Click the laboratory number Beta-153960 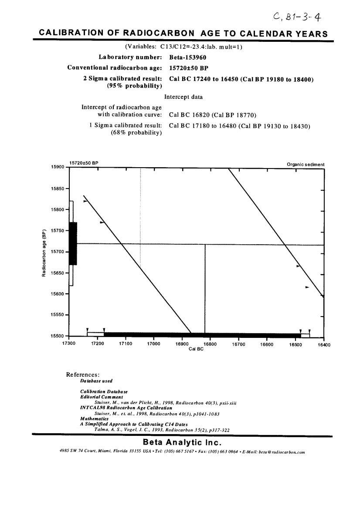tap(187, 57)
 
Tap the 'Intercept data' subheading tap(183, 97)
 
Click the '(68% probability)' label tap(136, 133)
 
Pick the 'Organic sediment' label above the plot tap(306, 165)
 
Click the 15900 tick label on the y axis tap(58, 167)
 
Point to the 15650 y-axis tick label tap(58, 273)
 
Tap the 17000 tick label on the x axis tap(153, 344)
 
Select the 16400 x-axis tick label tap(323, 344)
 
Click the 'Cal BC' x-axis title tap(196, 349)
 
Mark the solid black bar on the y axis tap(73, 243)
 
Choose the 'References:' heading tap(83, 374)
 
